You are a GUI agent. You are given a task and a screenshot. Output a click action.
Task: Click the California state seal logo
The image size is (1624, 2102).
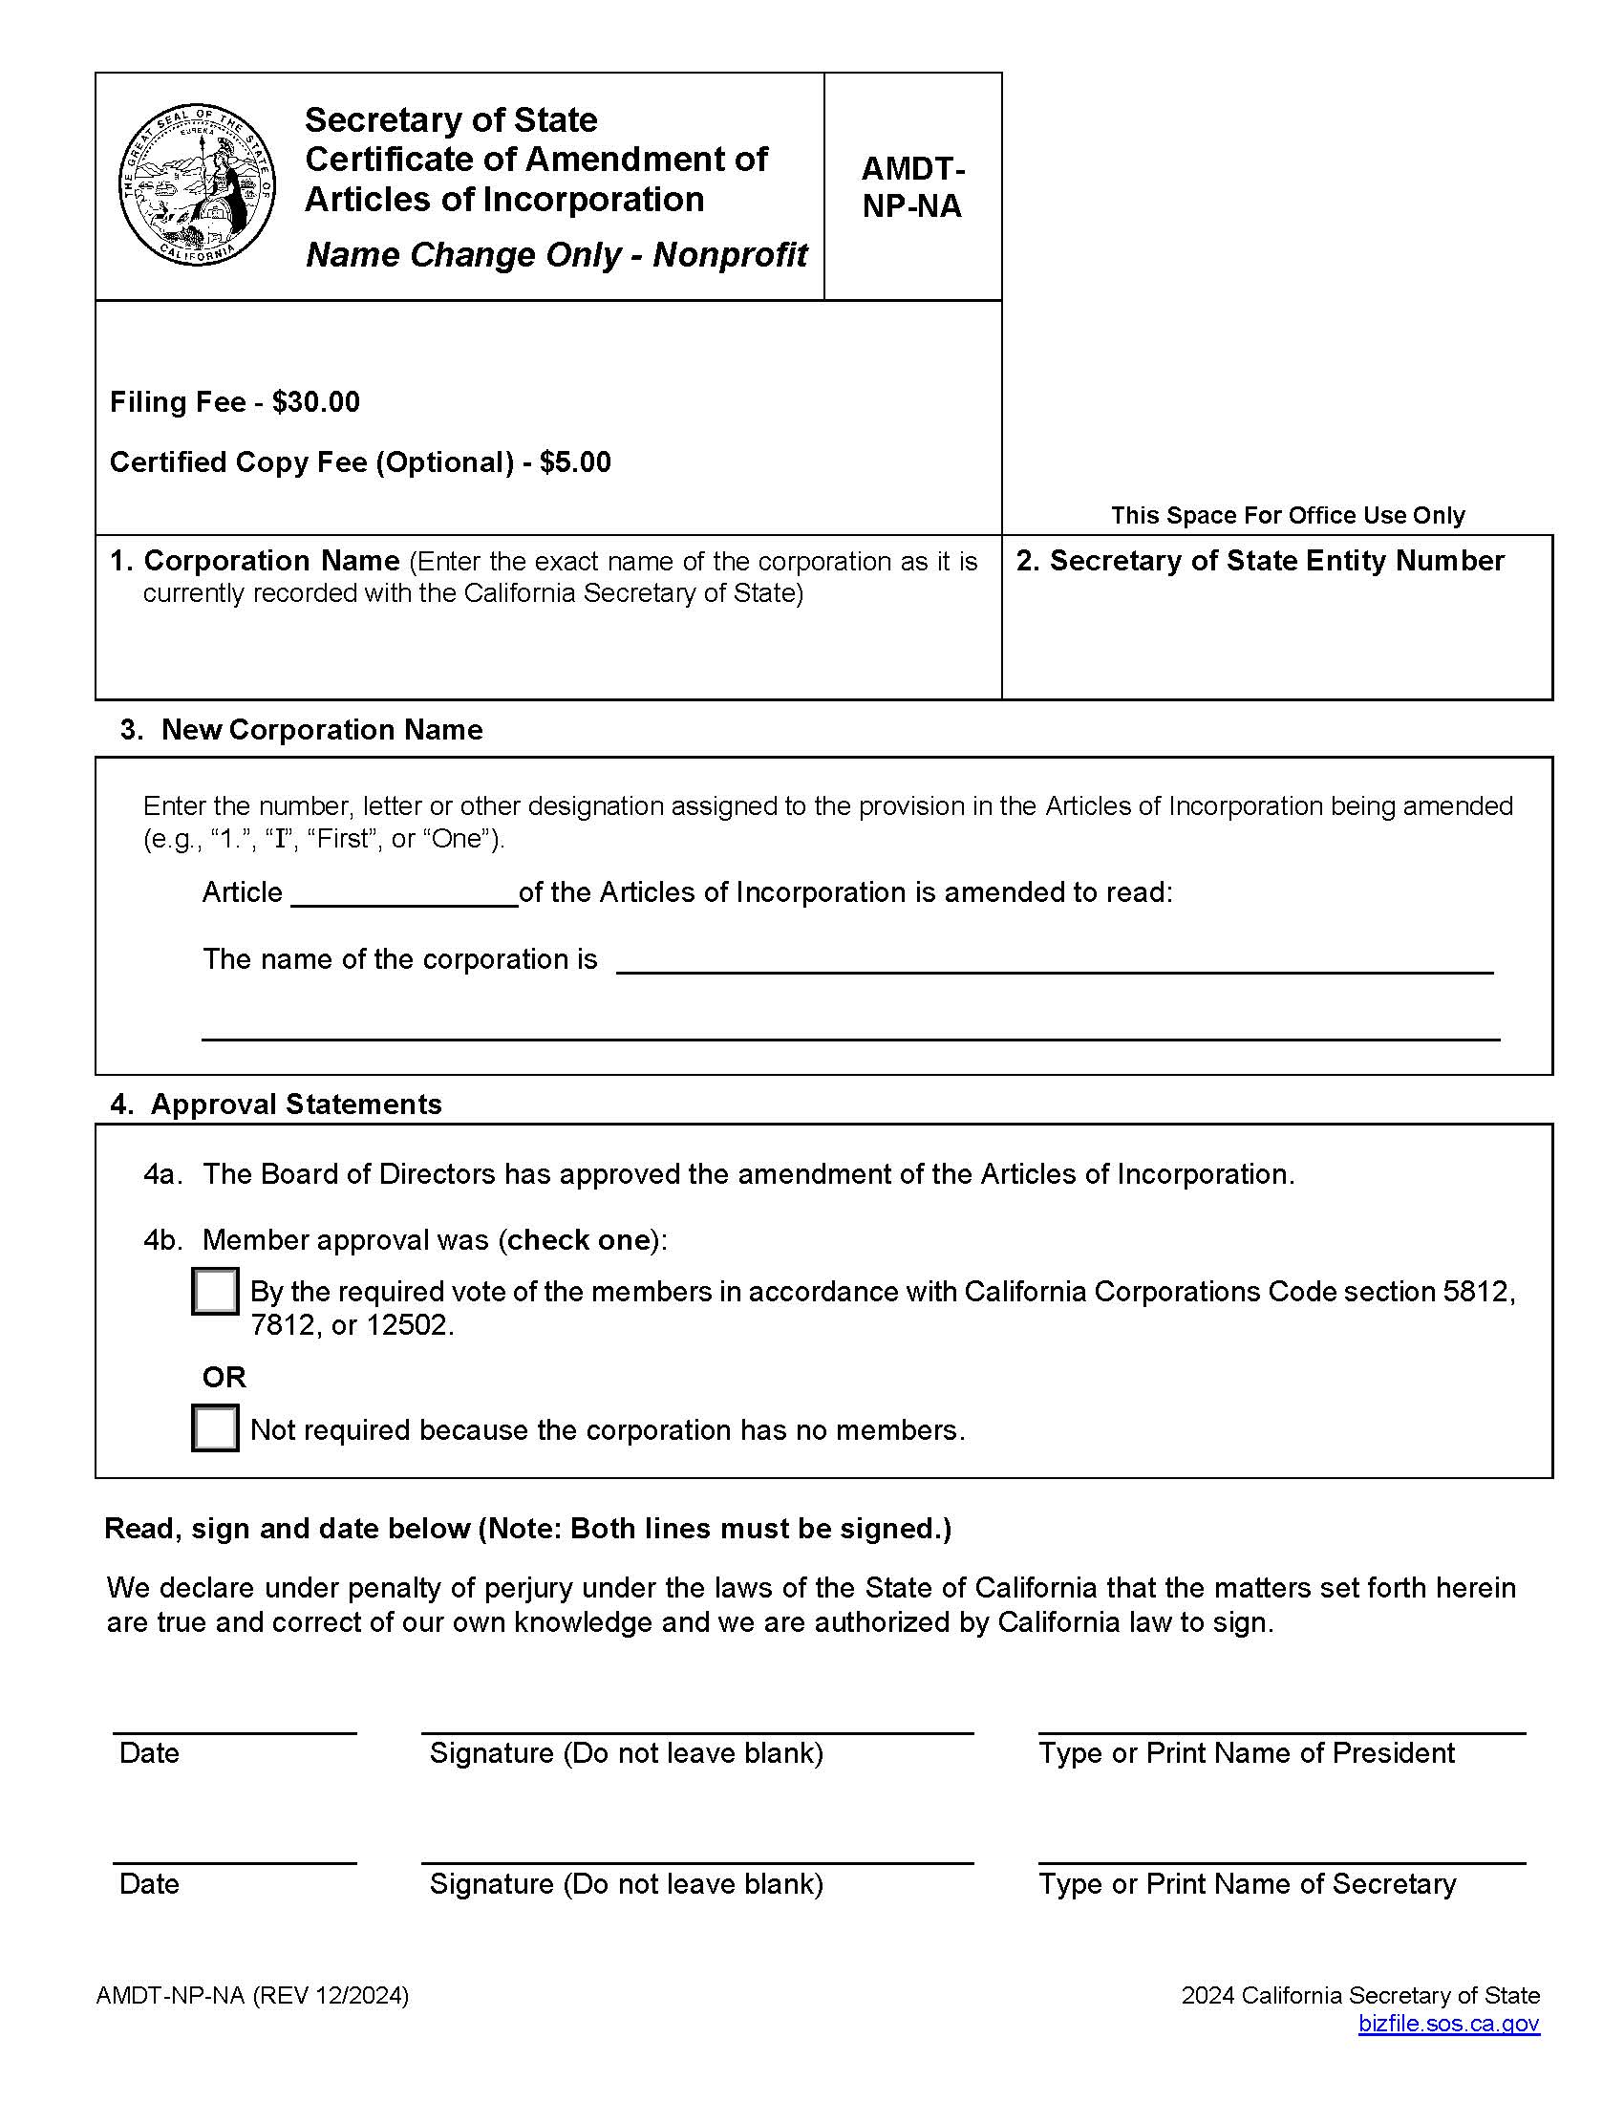196,184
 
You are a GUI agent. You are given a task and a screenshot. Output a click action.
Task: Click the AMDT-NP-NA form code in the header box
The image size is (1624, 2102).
912,186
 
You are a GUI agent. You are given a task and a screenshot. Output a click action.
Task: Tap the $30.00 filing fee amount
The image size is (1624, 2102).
315,401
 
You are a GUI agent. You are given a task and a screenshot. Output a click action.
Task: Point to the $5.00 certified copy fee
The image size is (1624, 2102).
574,462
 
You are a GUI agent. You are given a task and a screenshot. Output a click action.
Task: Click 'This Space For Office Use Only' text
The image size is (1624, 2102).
1288,515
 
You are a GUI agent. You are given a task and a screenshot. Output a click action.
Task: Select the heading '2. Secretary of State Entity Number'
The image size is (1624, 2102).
1259,560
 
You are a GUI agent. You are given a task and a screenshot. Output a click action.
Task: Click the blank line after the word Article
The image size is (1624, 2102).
404,895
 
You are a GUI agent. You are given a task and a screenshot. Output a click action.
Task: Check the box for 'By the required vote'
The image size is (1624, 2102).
216,1291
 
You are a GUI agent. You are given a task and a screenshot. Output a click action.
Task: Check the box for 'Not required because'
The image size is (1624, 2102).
216,1428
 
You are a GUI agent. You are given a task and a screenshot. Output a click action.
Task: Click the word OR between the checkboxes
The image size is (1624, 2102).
224,1377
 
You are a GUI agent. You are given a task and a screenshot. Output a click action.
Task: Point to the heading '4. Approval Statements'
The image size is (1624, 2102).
276,1104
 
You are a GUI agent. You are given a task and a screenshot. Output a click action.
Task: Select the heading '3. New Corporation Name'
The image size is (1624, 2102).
301,730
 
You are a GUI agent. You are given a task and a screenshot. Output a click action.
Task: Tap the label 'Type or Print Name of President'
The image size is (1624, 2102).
1246,1753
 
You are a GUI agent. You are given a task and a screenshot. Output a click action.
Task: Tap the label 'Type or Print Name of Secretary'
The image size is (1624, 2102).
1247,1883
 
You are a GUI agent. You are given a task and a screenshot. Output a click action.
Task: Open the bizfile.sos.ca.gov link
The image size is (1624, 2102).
1448,2023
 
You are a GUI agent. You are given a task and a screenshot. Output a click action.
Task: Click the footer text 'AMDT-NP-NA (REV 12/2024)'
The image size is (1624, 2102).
252,1995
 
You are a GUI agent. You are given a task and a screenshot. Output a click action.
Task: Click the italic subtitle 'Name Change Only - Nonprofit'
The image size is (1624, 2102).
556,255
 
